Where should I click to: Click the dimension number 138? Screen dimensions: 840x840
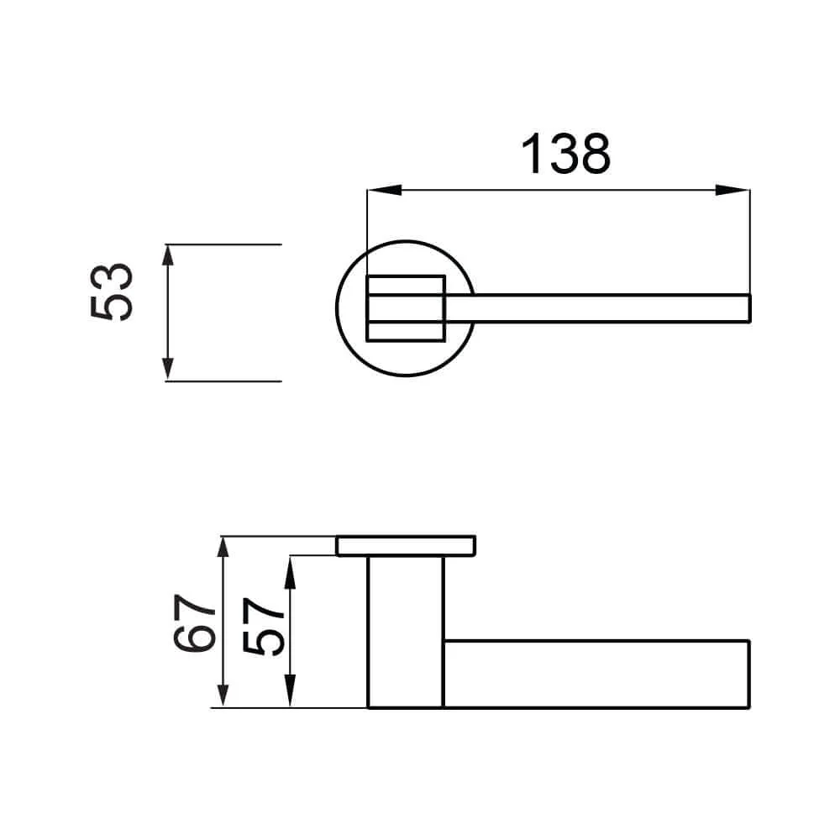[565, 155]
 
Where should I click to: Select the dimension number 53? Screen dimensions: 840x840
[112, 292]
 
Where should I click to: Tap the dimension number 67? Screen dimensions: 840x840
[195, 622]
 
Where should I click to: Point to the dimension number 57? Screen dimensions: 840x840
[263, 627]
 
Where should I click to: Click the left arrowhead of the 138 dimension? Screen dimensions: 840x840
[384, 190]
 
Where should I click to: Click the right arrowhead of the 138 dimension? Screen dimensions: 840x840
[732, 190]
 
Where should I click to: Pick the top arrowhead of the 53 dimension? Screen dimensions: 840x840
[168, 255]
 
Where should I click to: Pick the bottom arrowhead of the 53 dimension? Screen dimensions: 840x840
[168, 370]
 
